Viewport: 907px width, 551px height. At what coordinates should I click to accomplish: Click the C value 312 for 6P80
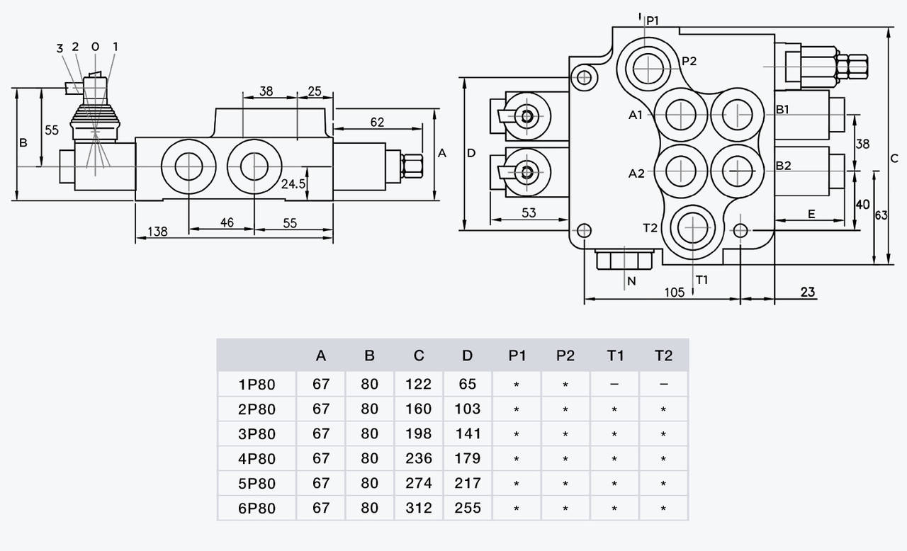pyautogui.click(x=418, y=508)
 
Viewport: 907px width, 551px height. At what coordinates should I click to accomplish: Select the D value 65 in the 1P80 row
pyautogui.click(x=467, y=384)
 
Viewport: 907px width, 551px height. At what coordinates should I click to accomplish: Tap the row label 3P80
pyautogui.click(x=257, y=433)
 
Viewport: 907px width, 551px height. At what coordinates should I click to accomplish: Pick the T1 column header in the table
pyautogui.click(x=614, y=356)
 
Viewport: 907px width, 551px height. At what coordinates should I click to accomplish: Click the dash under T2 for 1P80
pyautogui.click(x=663, y=384)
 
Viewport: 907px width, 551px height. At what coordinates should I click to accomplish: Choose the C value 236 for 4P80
pyautogui.click(x=418, y=458)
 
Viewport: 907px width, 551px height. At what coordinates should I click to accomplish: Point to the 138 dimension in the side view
pyautogui.click(x=157, y=232)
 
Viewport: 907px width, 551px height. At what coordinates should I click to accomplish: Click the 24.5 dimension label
pyautogui.click(x=293, y=183)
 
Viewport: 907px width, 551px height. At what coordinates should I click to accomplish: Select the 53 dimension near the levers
pyautogui.click(x=529, y=212)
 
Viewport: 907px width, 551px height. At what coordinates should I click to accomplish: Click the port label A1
pyautogui.click(x=636, y=115)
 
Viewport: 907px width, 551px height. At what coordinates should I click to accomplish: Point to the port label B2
pyautogui.click(x=783, y=166)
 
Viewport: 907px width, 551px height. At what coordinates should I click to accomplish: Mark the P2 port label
pyautogui.click(x=689, y=61)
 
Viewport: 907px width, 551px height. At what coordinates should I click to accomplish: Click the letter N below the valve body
pyautogui.click(x=631, y=281)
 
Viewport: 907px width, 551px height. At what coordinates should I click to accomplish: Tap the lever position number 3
pyautogui.click(x=60, y=48)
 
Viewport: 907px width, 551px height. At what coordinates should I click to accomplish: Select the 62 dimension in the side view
pyautogui.click(x=377, y=122)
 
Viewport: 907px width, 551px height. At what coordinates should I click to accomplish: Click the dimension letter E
pyautogui.click(x=811, y=213)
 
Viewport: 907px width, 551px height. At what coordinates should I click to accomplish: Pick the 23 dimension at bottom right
pyautogui.click(x=808, y=291)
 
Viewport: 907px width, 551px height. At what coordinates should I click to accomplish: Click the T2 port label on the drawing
pyautogui.click(x=650, y=227)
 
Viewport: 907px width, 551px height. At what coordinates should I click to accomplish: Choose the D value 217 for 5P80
pyautogui.click(x=467, y=483)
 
